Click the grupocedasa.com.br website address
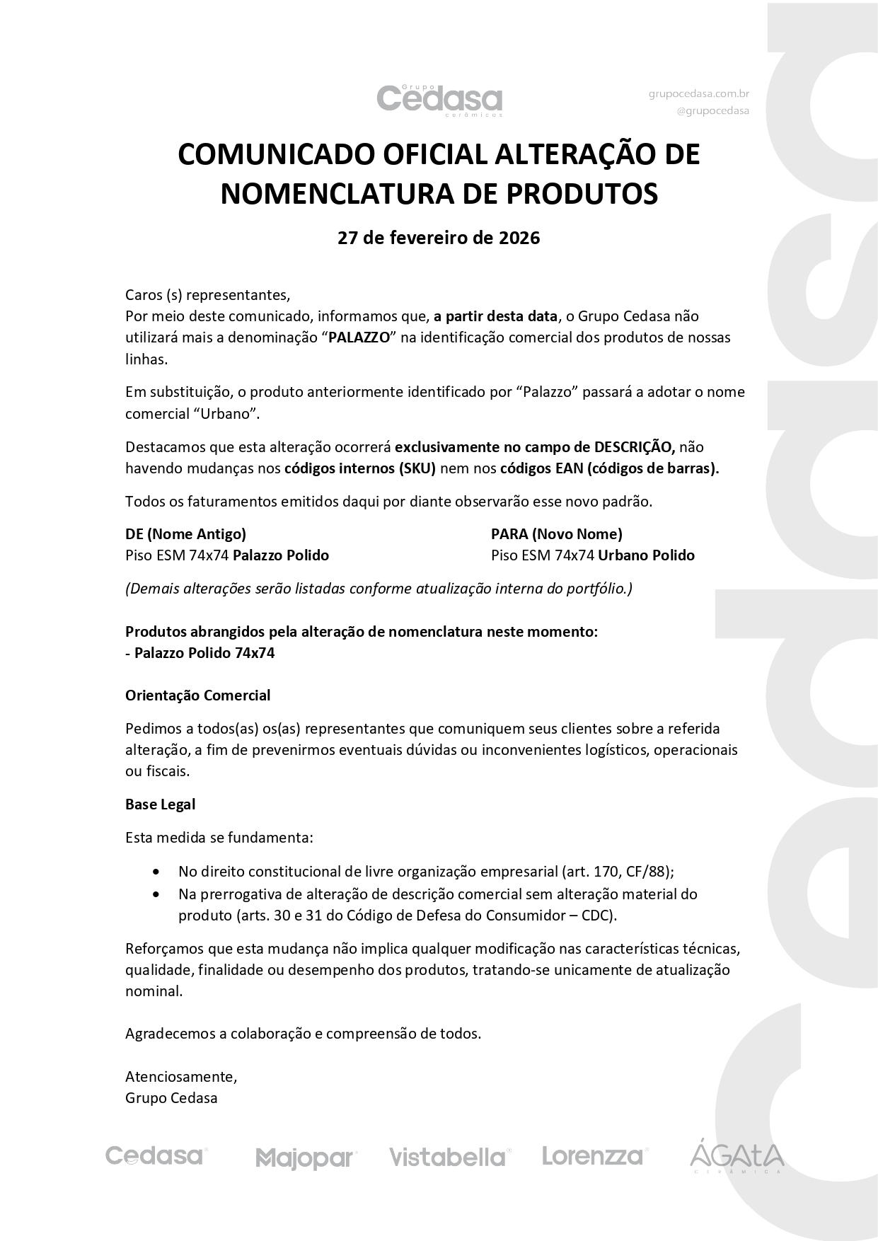coord(698,93)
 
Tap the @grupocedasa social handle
coord(712,110)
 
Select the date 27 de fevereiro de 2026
coord(439,238)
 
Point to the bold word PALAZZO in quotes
coord(359,337)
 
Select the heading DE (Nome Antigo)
coord(185,534)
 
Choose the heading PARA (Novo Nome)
coord(556,534)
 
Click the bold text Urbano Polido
coord(646,555)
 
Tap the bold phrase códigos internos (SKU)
coord(360,468)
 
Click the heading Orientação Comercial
coord(197,695)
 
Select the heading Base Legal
coord(160,804)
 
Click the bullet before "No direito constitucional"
coord(156,872)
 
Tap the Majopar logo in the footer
coord(306,1159)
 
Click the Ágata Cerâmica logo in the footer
coord(737,1158)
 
